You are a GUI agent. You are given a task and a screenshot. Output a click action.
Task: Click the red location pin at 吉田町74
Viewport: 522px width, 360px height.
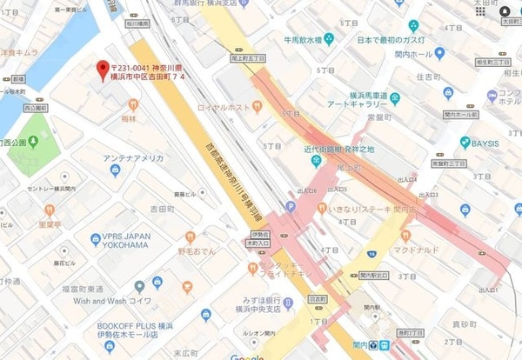tap(103, 67)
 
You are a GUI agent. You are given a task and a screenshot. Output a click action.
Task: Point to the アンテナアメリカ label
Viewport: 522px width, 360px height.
tap(133, 158)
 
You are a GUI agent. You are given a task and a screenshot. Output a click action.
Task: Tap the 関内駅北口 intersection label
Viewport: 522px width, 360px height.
tap(373, 277)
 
